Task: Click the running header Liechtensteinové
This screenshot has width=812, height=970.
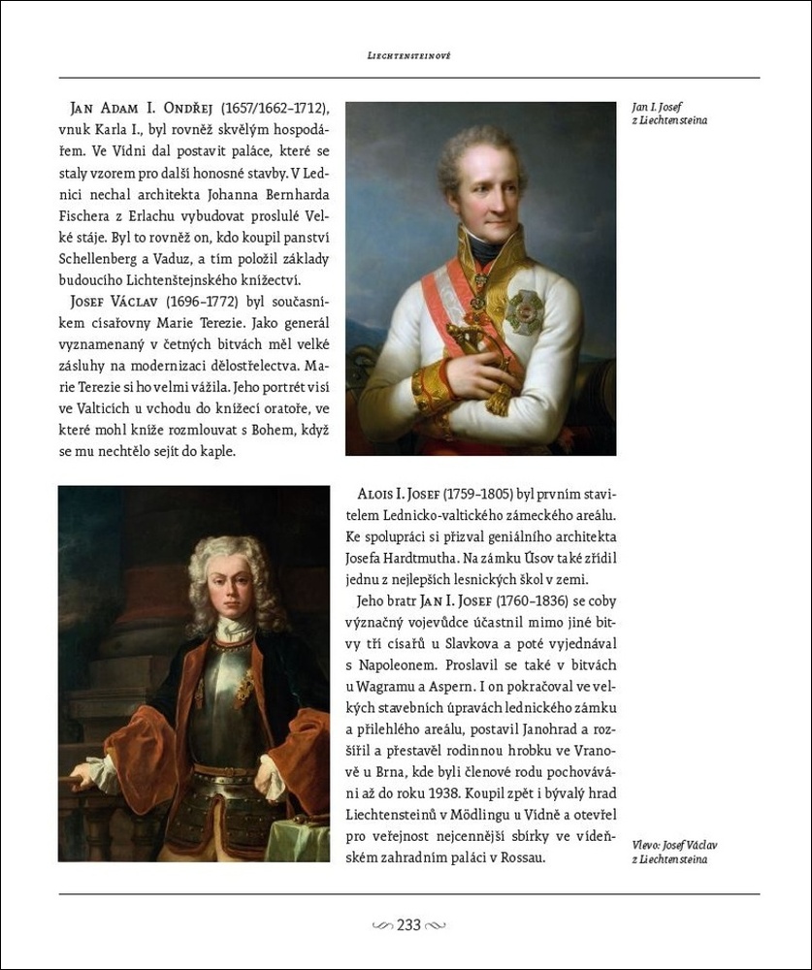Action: tap(408, 56)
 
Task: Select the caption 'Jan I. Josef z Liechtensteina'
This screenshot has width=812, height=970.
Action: tap(669, 113)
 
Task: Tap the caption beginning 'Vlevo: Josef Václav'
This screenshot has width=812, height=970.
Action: tap(674, 852)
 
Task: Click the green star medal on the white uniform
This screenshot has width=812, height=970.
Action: tap(525, 312)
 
